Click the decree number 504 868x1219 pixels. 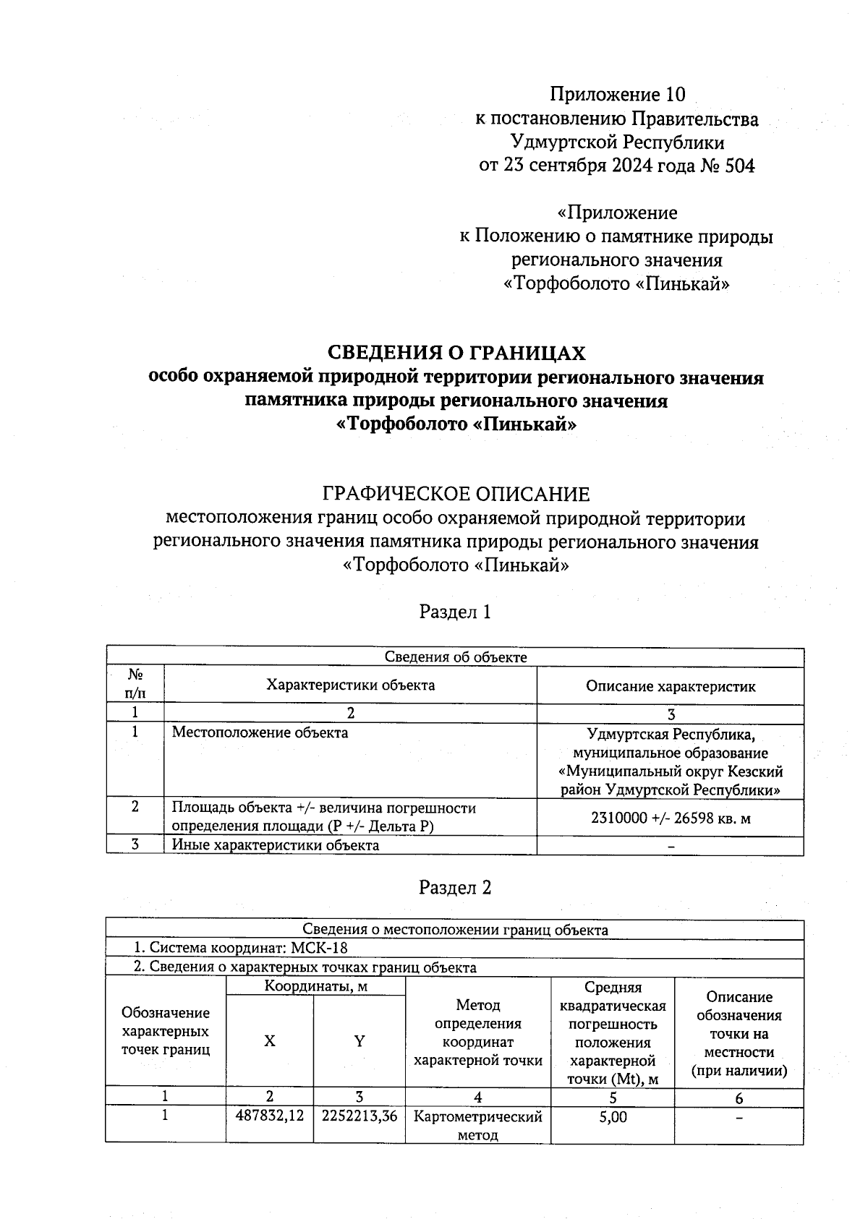(x=739, y=166)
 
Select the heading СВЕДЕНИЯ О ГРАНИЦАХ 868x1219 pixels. (x=456, y=353)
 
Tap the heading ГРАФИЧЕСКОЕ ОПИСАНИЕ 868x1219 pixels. (x=456, y=495)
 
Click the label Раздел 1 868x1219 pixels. (x=455, y=612)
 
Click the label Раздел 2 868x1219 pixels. (x=455, y=888)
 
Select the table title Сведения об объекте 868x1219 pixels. (x=455, y=656)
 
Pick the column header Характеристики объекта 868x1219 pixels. (x=351, y=685)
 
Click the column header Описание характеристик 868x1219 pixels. (x=671, y=686)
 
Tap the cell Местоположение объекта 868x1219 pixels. (x=260, y=732)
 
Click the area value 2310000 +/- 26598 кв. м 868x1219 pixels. (x=671, y=818)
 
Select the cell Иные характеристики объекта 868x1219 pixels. (x=275, y=844)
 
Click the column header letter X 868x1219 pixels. (x=269, y=1041)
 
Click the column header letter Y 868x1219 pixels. (x=359, y=1041)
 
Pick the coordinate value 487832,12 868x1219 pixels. (x=269, y=1116)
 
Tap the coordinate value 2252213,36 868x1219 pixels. (x=359, y=1116)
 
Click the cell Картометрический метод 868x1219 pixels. (x=477, y=1125)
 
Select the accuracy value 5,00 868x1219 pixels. (x=613, y=1116)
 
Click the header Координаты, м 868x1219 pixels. (x=315, y=985)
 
